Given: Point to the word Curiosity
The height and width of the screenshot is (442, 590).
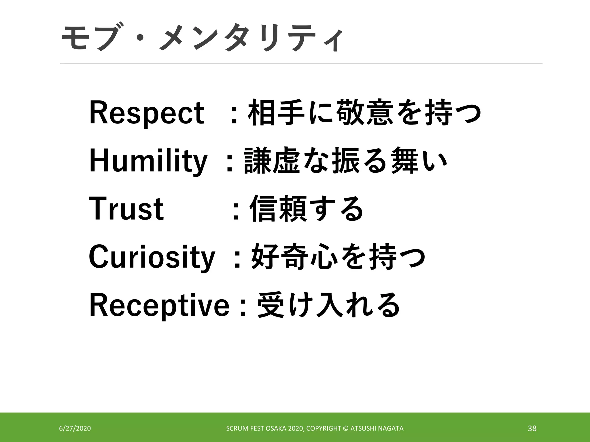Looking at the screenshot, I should click(152, 257).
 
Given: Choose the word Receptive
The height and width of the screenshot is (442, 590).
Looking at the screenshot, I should click(159, 305).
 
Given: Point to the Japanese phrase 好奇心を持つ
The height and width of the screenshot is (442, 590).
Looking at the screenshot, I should click(338, 257).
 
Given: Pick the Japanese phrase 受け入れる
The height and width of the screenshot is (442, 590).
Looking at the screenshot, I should click(328, 305).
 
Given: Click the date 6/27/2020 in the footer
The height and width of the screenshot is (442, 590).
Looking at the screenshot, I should click(75, 428).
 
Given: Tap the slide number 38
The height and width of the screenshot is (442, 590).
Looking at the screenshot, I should click(532, 428).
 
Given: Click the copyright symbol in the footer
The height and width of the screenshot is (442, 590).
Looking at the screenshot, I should click(346, 428).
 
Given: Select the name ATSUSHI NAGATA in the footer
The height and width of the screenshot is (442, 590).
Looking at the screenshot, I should click(377, 428).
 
